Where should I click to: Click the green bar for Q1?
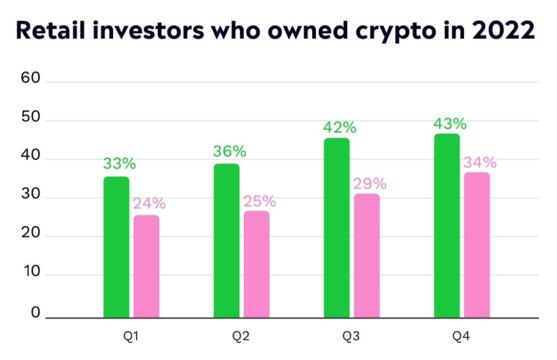pyautogui.click(x=116, y=247)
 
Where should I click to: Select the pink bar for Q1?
pyautogui.click(x=146, y=266)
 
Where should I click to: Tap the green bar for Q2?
pyautogui.click(x=226, y=240)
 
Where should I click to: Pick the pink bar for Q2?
pyautogui.click(x=256, y=264)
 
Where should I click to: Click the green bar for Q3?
pyautogui.click(x=337, y=228)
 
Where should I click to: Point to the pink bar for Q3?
pyautogui.click(x=367, y=256)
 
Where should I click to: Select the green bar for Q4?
pyautogui.click(x=447, y=226)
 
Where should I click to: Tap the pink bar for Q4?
pyautogui.click(x=476, y=245)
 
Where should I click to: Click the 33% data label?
pyautogui.click(x=119, y=164)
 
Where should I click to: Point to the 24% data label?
pyautogui.click(x=149, y=203)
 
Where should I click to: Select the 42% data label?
pyautogui.click(x=339, y=127)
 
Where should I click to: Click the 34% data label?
pyautogui.click(x=479, y=162)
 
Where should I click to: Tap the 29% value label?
pyautogui.click(x=369, y=183)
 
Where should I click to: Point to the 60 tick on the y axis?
pyautogui.click(x=30, y=78)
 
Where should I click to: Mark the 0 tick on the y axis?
pyautogui.click(x=35, y=313)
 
